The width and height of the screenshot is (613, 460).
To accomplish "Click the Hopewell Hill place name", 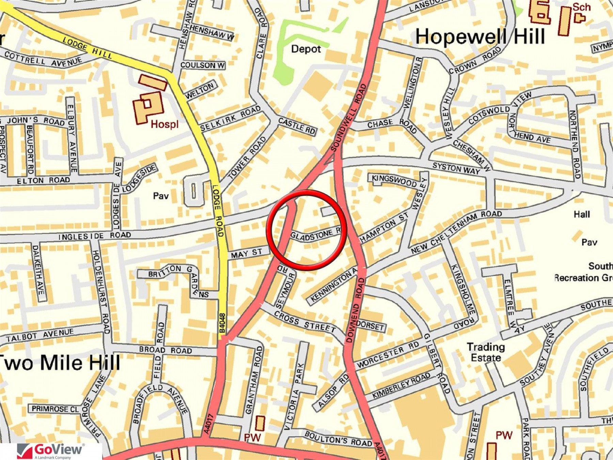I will pos(480,36).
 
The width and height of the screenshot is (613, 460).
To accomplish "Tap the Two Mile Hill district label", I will pos(60,362).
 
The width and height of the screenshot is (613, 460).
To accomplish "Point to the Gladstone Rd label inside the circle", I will pos(315,234).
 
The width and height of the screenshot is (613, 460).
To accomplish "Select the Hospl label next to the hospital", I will pos(164,124).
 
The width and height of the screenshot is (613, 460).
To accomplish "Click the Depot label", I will pos(306,49).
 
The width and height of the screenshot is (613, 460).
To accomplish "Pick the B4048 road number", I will pos(222,323).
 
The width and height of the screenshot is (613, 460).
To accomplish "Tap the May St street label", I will pos(247,253).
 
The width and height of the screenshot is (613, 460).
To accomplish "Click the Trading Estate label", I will pos(486,352).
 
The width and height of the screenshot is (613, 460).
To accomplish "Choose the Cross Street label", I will pos(305,322).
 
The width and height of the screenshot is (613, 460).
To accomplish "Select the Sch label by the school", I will pos(581,7).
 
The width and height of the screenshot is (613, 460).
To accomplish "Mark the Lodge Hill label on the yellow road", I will pos(87,48).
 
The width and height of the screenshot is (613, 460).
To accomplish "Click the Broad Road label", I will pos(165,350).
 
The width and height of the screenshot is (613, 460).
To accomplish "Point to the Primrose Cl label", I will pos(55,409).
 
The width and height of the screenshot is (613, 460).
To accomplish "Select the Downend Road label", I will pos(354,310).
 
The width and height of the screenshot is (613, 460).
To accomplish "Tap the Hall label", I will pos(582,214).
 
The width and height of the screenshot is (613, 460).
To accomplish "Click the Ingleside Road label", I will pos(95,235).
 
